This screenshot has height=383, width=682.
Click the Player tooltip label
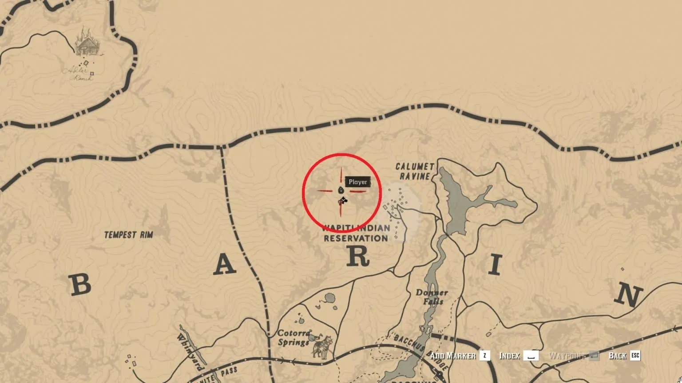[x=357, y=182]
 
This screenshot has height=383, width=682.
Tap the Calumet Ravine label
[x=415, y=172]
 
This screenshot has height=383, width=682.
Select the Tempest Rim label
[x=128, y=234]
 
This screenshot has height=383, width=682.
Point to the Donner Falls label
[x=432, y=297]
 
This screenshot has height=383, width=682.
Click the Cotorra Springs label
[x=293, y=337]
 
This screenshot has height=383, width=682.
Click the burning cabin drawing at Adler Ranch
[x=87, y=43]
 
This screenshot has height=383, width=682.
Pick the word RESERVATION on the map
[x=356, y=238]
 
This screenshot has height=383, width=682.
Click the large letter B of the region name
[x=81, y=285]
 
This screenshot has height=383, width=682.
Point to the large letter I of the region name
[x=495, y=266]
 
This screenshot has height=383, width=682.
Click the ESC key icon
[x=635, y=356]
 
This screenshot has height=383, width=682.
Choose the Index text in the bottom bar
[x=509, y=356]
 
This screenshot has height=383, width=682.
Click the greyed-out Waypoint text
[x=567, y=356]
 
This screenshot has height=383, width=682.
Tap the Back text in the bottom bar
[x=617, y=356]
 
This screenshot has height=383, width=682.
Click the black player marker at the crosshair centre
[x=341, y=190]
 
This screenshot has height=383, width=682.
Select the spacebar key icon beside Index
[x=531, y=356]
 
